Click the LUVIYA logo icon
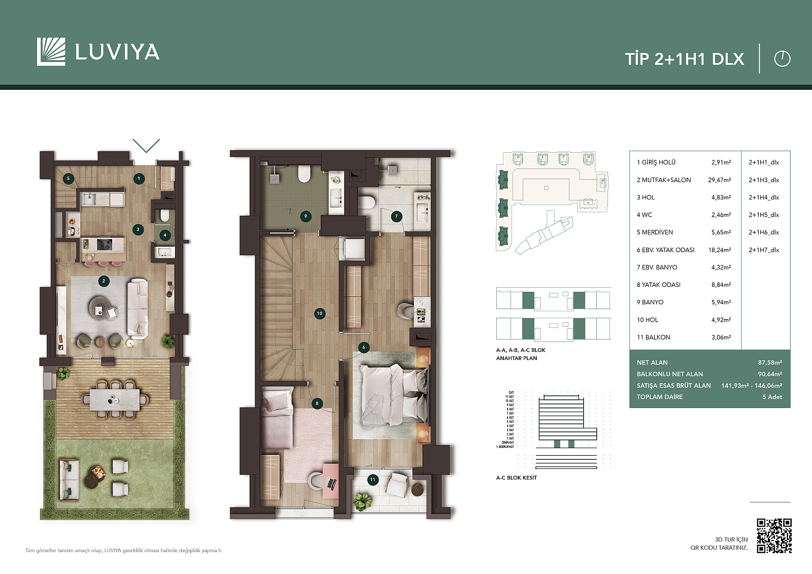[51, 52]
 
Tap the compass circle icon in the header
[782, 59]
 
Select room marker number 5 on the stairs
[68, 178]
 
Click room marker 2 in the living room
[104, 281]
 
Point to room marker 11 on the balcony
[373, 480]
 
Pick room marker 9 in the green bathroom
[306, 216]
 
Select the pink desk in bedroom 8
[330, 477]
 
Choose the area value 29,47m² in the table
[719, 180]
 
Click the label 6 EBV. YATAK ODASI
[665, 250]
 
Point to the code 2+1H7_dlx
[763, 250]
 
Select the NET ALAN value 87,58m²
[769, 363]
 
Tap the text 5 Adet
[771, 397]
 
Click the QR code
[774, 535]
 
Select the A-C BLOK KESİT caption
[516, 478]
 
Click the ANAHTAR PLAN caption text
[516, 358]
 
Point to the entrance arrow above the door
[146, 145]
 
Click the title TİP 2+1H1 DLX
[684, 59]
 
